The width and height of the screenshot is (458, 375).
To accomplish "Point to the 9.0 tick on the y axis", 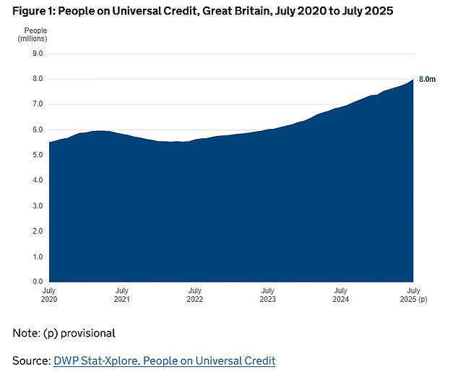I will [x=37, y=54].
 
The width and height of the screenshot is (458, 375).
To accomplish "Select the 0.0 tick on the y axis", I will [x=37, y=282].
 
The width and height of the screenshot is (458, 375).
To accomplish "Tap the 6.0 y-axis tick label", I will [x=37, y=130].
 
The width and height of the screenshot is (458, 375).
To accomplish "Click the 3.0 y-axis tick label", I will [x=37, y=206].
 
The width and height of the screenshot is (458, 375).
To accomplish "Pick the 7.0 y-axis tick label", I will [x=37, y=104].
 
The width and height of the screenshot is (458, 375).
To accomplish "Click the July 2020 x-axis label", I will [x=50, y=294].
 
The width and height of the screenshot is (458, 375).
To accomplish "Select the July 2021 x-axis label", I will [x=122, y=294].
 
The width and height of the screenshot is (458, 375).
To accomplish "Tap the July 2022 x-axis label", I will [x=194, y=294].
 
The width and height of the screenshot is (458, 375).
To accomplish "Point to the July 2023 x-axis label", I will [x=267, y=294].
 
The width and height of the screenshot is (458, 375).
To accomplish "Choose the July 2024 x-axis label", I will [x=340, y=294].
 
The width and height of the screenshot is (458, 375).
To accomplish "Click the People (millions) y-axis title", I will [x=32, y=34].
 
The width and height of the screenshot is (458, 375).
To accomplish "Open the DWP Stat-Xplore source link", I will [x=164, y=360].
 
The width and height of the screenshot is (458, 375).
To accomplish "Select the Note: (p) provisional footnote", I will [x=64, y=333].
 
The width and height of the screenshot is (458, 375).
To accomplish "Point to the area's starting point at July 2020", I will [x=50, y=143].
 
